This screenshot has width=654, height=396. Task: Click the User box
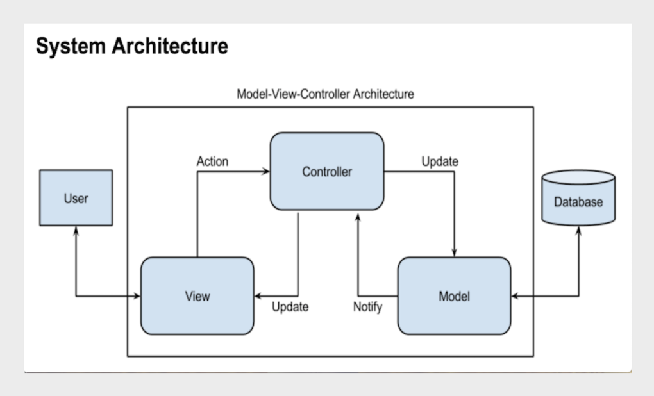click(x=76, y=197)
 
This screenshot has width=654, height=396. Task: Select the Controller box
click(x=327, y=171)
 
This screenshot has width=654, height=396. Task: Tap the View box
click(x=197, y=296)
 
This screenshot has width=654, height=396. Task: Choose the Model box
click(x=454, y=296)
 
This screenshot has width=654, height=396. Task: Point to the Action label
click(x=212, y=161)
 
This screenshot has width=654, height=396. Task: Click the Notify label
click(x=367, y=307)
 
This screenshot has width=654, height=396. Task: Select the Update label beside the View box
click(x=290, y=307)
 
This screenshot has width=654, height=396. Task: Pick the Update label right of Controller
click(x=440, y=161)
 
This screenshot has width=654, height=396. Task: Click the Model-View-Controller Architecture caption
click(x=326, y=94)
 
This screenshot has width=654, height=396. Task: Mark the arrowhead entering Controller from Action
click(x=265, y=171)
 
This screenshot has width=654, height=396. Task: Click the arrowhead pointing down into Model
click(x=455, y=252)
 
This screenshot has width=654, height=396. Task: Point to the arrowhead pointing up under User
click(x=76, y=230)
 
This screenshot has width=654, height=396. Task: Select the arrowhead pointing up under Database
click(x=578, y=229)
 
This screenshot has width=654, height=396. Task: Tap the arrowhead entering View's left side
click(x=137, y=296)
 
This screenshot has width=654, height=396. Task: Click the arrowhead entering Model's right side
click(x=516, y=296)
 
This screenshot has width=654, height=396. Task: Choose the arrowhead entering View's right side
click(x=258, y=296)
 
